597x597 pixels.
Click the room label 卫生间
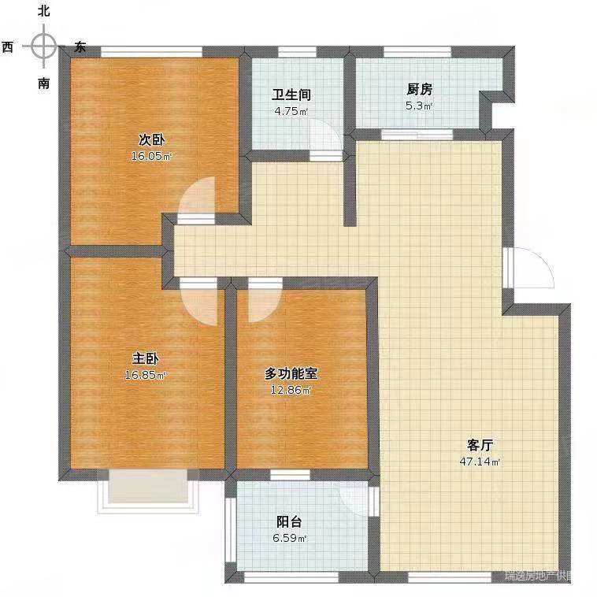(291, 95)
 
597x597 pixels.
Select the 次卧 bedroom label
(151, 140)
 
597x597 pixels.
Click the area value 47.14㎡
(480, 462)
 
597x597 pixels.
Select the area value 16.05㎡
(151, 156)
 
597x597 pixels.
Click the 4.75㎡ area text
(291, 111)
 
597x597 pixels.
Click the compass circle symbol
(43, 46)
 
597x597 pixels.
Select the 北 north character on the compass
(43, 11)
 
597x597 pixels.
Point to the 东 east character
(80, 47)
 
